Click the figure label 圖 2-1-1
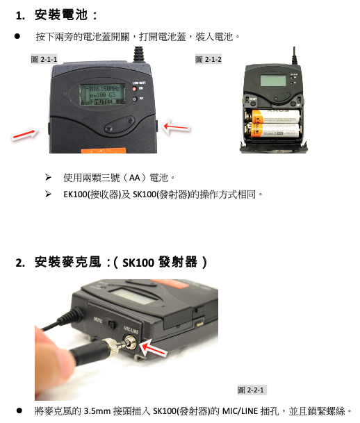click(44, 59)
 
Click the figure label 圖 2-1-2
click(208, 59)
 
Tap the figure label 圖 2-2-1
click(251, 390)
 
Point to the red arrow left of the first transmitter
click(25, 134)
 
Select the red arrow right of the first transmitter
click(177, 126)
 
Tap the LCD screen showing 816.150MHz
click(102, 94)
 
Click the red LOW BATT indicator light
click(134, 89)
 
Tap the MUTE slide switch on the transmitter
click(112, 324)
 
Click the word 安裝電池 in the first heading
click(61, 15)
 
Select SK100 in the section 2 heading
click(138, 263)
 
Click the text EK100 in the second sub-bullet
click(75, 194)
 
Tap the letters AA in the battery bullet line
click(135, 178)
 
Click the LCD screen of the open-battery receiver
click(273, 81)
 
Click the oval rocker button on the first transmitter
click(120, 124)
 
